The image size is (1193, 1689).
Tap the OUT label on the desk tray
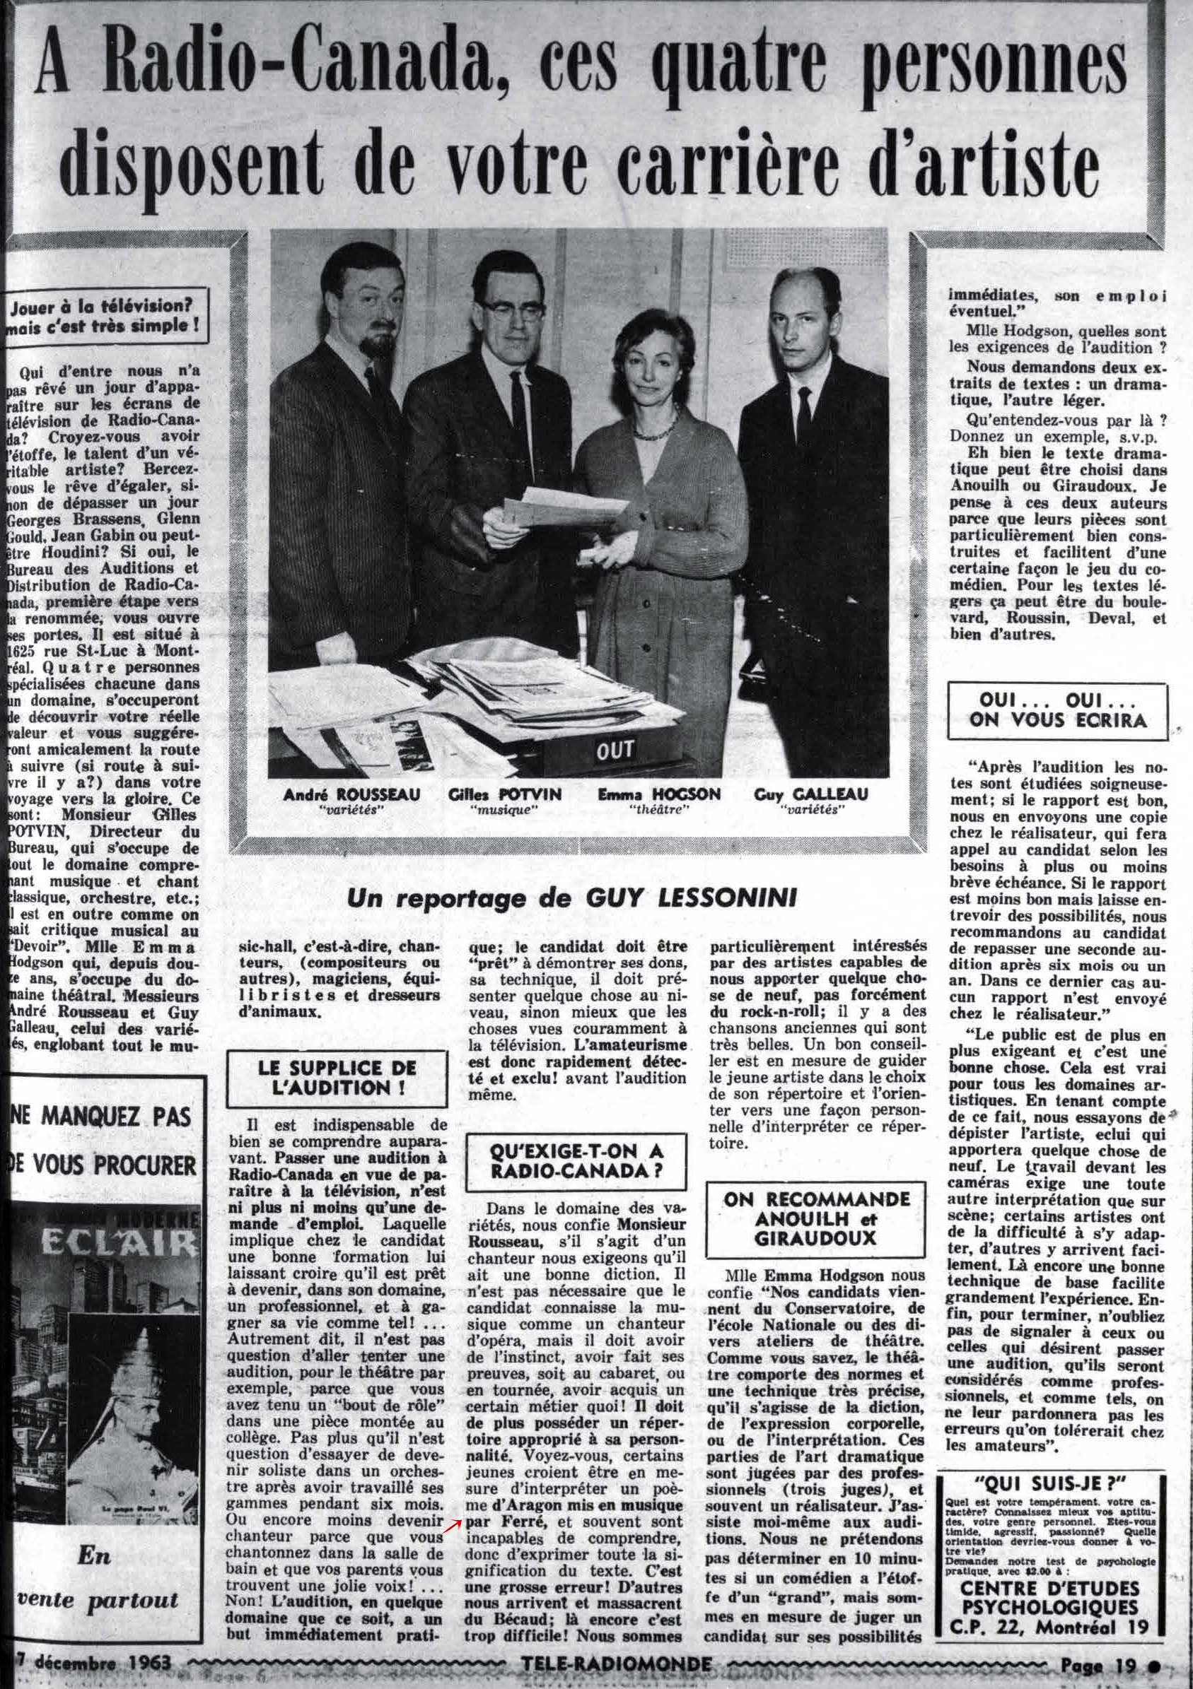pyautogui.click(x=615, y=751)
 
